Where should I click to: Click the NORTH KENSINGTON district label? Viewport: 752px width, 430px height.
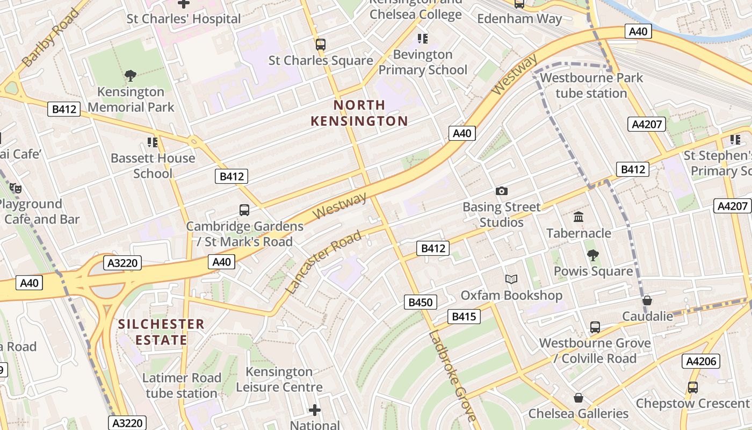click(359, 113)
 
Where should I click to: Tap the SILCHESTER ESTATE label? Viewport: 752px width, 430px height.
click(161, 332)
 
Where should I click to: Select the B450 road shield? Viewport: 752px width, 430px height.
click(421, 302)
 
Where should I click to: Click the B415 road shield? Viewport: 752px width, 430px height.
click(464, 317)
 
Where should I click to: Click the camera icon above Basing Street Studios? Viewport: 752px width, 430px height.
click(502, 191)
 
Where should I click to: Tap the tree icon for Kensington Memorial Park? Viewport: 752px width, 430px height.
click(130, 76)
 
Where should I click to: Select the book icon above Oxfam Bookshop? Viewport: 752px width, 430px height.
click(511, 279)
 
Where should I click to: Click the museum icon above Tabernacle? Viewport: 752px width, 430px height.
click(579, 217)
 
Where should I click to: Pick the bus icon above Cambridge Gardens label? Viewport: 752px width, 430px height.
click(244, 210)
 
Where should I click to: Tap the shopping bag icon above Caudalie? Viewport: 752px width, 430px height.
click(647, 300)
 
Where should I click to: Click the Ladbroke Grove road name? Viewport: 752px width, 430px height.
click(452, 375)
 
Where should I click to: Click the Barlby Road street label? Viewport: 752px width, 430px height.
click(52, 38)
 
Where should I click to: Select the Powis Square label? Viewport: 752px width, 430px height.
click(593, 271)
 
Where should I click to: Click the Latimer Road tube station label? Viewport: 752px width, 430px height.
click(182, 385)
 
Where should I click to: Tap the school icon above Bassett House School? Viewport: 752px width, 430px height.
click(153, 142)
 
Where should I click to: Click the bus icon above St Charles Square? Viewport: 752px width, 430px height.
click(321, 44)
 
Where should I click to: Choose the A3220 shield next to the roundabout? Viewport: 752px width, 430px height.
click(124, 263)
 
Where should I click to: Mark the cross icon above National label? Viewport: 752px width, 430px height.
click(315, 411)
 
